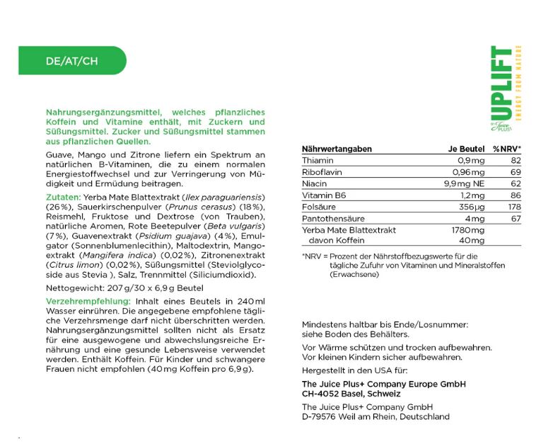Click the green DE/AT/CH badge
(71, 61)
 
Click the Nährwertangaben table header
(337, 149)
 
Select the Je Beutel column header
(466, 149)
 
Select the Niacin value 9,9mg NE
(465, 184)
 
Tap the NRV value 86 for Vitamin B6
(516, 195)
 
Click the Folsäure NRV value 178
(513, 207)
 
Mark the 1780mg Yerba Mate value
(467, 230)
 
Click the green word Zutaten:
(63, 196)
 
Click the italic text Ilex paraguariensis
(223, 196)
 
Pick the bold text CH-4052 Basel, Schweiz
(351, 394)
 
